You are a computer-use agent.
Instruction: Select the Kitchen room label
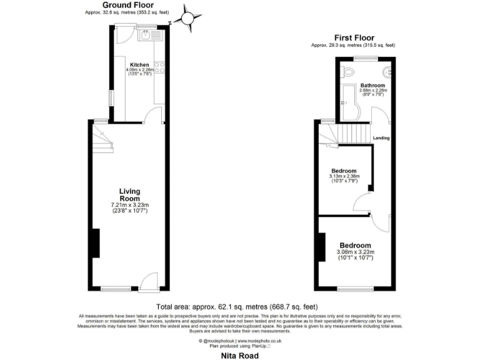point(139,64)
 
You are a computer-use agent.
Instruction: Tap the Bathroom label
point(372,85)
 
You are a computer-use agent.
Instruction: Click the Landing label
point(381,138)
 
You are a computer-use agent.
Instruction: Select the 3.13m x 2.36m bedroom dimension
point(344,177)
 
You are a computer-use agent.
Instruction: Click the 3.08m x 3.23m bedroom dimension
point(355,252)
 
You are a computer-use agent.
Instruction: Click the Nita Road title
point(239,354)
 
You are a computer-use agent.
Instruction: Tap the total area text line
point(237,306)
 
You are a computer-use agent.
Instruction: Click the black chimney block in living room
point(96,243)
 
